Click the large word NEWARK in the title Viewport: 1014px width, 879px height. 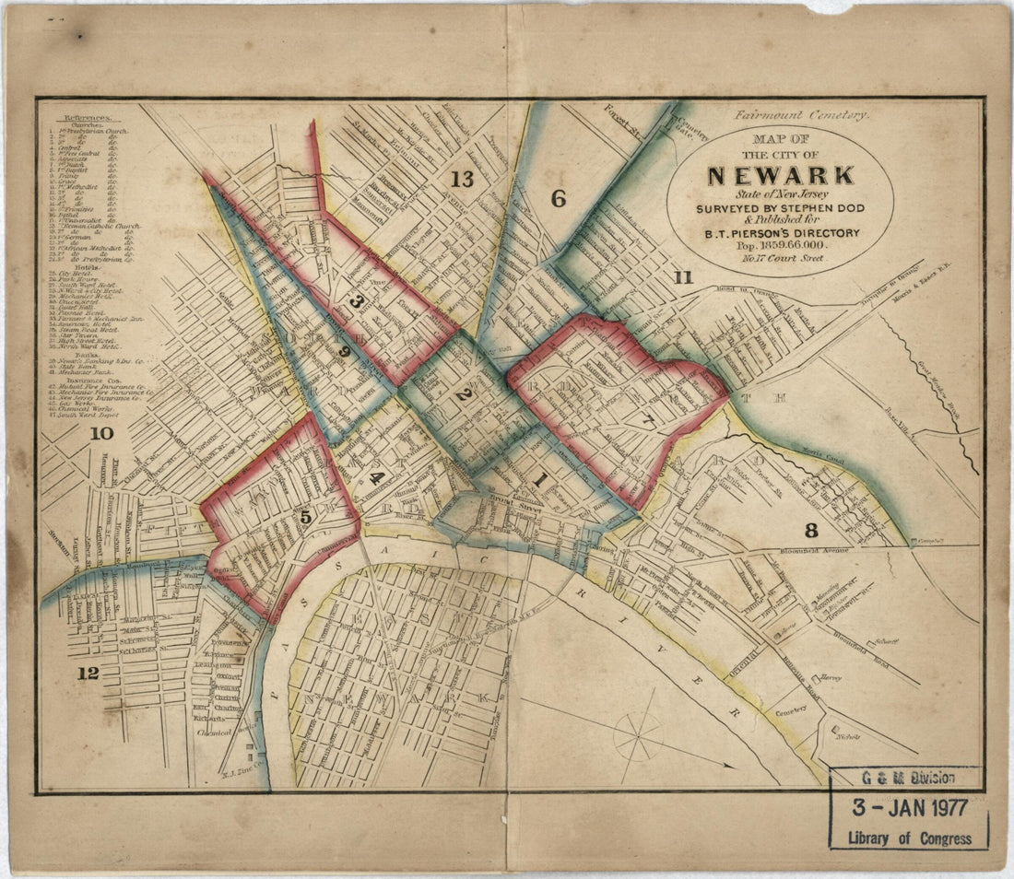tap(781, 175)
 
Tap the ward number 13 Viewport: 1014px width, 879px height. tap(462, 179)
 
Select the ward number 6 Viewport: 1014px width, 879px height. tap(558, 196)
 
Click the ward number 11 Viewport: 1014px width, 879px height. tap(682, 276)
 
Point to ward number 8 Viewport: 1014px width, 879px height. tap(811, 529)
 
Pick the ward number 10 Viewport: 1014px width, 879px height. tap(101, 433)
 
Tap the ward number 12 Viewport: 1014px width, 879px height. tap(88, 673)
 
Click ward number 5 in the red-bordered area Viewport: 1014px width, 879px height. tap(305, 518)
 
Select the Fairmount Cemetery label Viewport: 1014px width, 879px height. tap(802, 115)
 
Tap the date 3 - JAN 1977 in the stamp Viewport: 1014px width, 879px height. tap(910, 808)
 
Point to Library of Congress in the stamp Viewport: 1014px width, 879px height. tap(910, 838)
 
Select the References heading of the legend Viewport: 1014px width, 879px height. tap(82, 118)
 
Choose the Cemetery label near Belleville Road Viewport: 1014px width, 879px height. tap(791, 709)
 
